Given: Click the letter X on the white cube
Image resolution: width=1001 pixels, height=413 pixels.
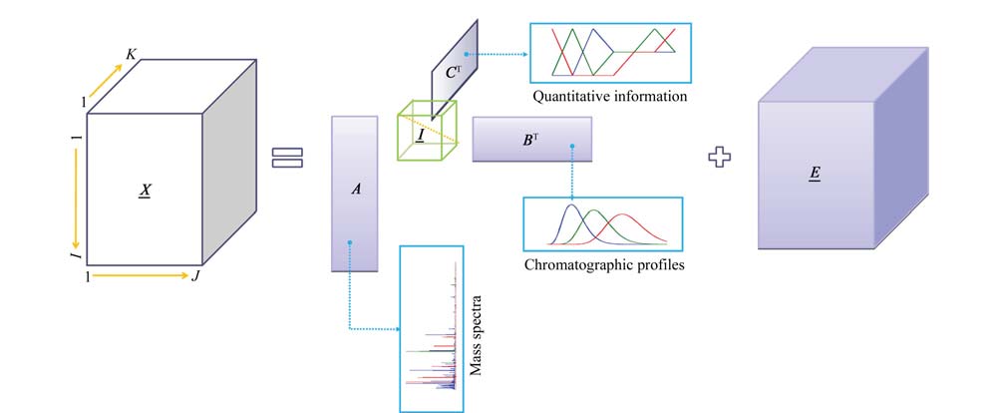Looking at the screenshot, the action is [x=146, y=190].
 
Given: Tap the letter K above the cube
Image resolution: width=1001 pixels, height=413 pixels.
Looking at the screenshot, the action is [x=131, y=54].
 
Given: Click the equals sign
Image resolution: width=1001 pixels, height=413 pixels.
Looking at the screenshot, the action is [x=287, y=159].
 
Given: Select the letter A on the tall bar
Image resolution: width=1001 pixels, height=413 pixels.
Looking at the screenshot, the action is [x=356, y=189].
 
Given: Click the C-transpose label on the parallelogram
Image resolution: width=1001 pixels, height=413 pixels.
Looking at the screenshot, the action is [x=454, y=73].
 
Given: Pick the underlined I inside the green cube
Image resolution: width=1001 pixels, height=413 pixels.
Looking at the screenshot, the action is [x=421, y=136].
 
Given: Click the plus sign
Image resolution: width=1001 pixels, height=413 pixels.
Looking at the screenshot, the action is [x=720, y=158].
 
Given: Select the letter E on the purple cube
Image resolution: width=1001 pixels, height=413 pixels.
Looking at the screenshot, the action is [x=814, y=175].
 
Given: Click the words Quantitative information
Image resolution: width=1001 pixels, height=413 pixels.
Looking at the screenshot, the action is [x=610, y=97].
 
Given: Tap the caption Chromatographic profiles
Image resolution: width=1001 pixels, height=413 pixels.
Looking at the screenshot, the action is [x=604, y=264].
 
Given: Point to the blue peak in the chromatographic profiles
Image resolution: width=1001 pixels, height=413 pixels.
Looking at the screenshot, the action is [x=572, y=205].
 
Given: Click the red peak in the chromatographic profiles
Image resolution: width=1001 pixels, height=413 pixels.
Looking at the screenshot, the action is [x=621, y=214].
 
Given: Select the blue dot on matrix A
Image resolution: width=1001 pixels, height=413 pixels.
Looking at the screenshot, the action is [x=349, y=242].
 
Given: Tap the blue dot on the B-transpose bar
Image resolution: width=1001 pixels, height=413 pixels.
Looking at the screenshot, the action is [x=572, y=147].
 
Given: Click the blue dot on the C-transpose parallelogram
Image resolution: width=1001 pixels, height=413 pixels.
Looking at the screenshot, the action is [x=467, y=54].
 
